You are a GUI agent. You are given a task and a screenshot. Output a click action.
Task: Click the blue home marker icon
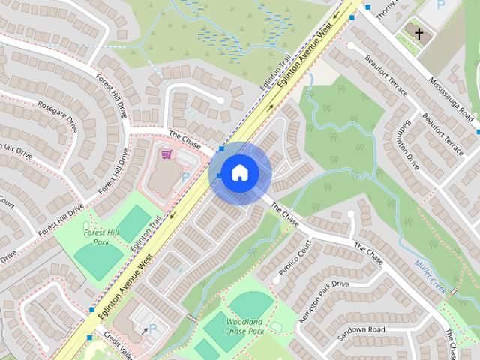pyautogui.click(x=239, y=172)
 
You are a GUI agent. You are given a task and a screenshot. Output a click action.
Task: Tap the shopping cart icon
pyautogui.click(x=166, y=154)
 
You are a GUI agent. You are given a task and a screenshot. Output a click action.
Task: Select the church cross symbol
pyautogui.click(x=418, y=34)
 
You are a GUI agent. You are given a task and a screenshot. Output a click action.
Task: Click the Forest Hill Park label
pyautogui.click(x=101, y=237)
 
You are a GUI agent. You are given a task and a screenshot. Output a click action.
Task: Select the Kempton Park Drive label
pyautogui.click(x=324, y=301)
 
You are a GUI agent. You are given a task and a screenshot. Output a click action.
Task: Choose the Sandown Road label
pyautogui.click(x=361, y=330)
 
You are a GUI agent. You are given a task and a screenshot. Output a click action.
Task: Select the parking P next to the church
pyautogui.click(x=440, y=5)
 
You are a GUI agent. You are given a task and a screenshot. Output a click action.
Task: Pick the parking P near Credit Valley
pyautogui.click(x=153, y=328)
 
